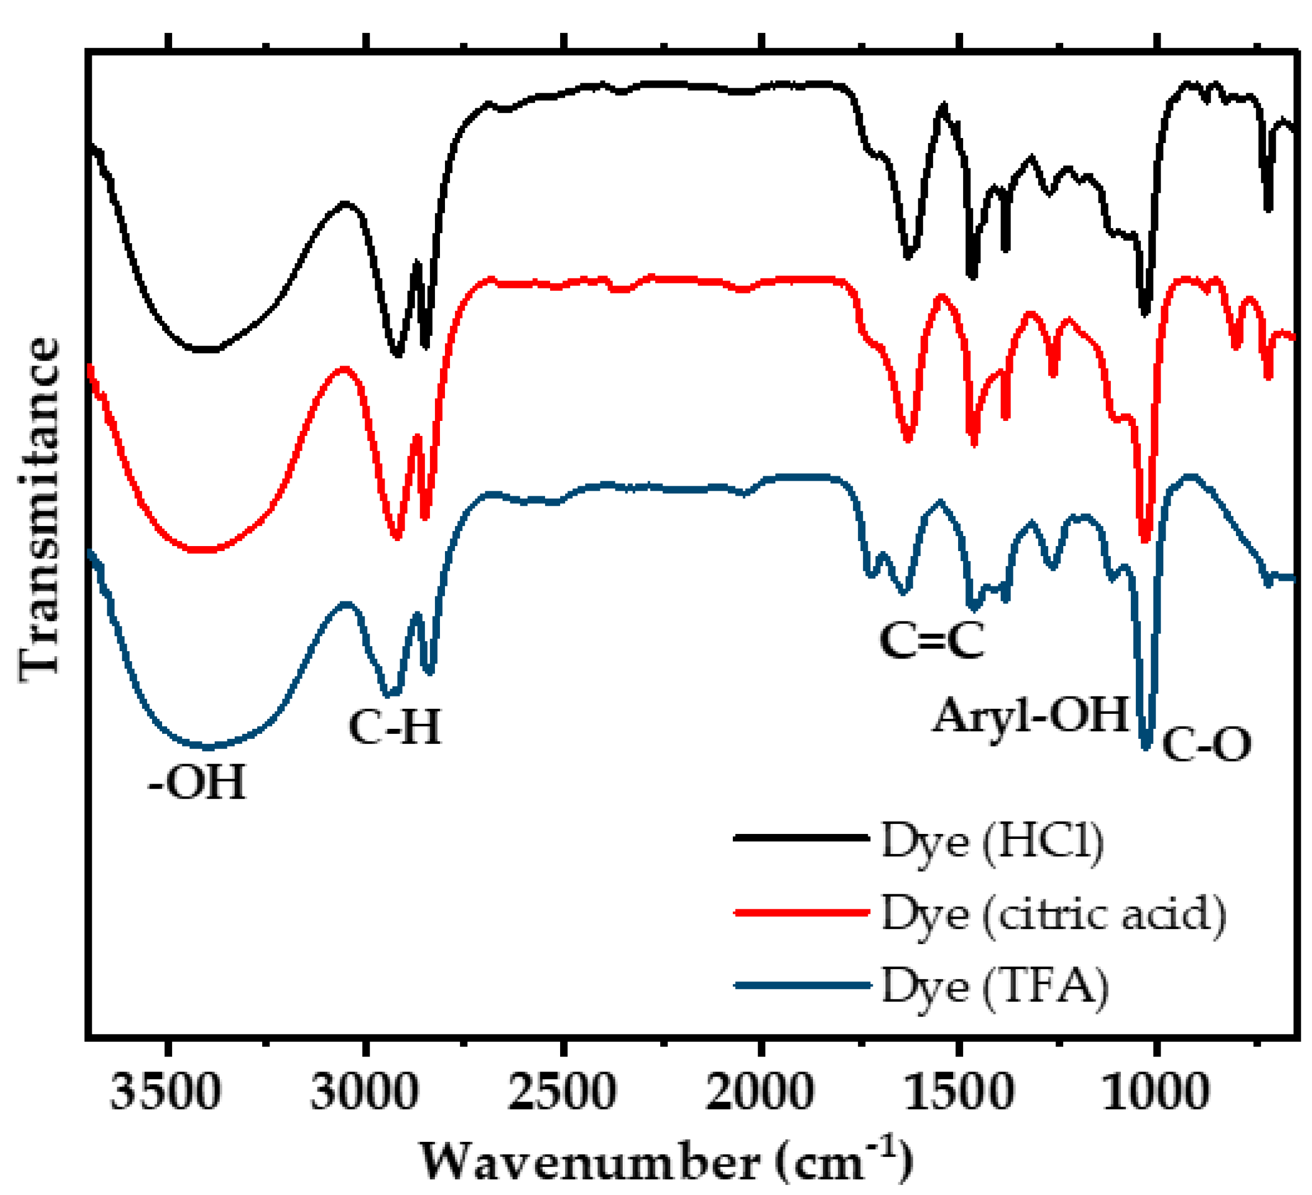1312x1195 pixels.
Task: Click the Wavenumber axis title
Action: pyautogui.click(x=665, y=1162)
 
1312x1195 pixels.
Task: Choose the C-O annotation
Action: pyautogui.click(x=1206, y=745)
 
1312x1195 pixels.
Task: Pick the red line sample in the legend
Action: pyautogui.click(x=802, y=912)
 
